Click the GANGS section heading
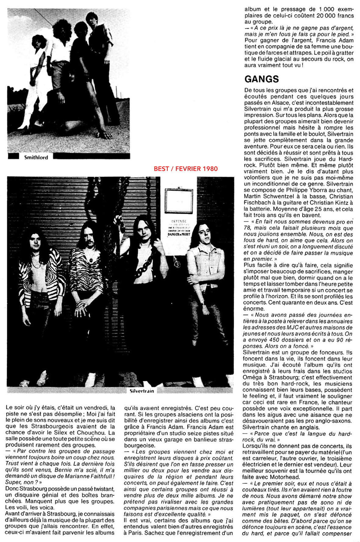(261, 79)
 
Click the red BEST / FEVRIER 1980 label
(186, 169)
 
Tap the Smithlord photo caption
(36, 157)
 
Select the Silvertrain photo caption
(142, 391)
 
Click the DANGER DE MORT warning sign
(179, 234)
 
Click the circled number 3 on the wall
(177, 264)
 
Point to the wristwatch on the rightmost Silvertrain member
(202, 303)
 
